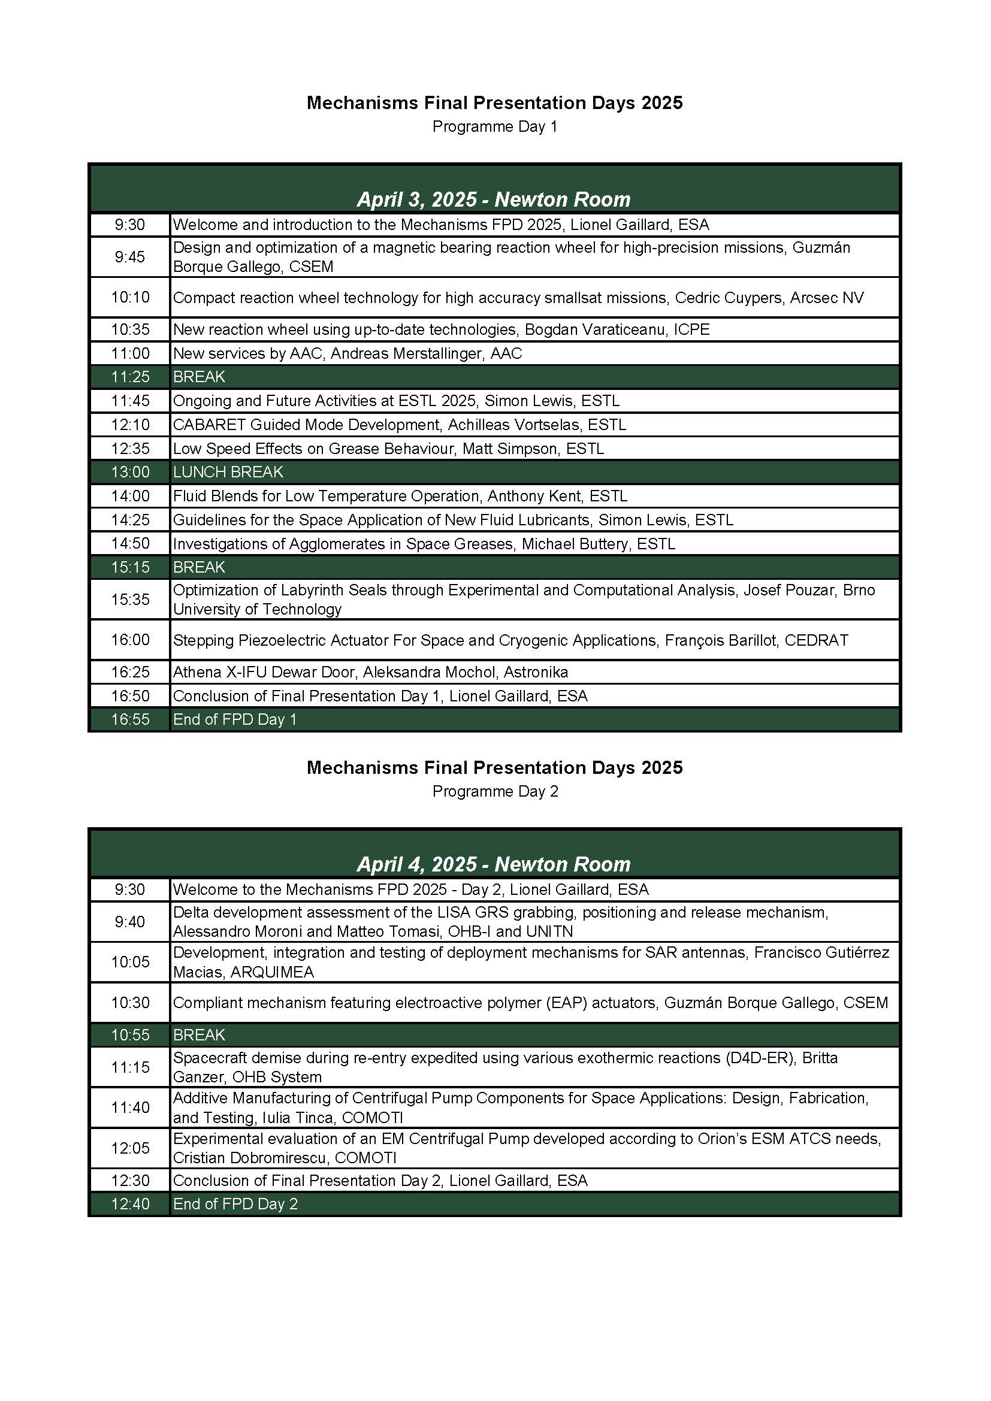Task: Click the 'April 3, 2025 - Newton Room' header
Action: pyautogui.click(x=494, y=199)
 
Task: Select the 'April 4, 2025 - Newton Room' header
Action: pyautogui.click(x=494, y=864)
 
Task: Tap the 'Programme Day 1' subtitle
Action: pyautogui.click(x=494, y=126)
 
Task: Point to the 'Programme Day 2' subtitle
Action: pyautogui.click(x=495, y=791)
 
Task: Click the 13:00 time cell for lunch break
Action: pyautogui.click(x=130, y=471)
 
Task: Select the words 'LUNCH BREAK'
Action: pyautogui.click(x=228, y=471)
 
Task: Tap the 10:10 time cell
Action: pyautogui.click(x=130, y=297)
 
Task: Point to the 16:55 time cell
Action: pyautogui.click(x=130, y=719)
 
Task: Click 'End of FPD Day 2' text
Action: pyautogui.click(x=235, y=1203)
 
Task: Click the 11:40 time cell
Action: pyautogui.click(x=130, y=1107)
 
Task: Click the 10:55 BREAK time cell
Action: pyautogui.click(x=130, y=1034)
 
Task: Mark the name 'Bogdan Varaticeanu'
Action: pyautogui.click(x=594, y=329)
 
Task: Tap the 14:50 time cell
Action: pyautogui.click(x=130, y=543)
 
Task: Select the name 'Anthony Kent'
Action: pyautogui.click(x=534, y=495)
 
